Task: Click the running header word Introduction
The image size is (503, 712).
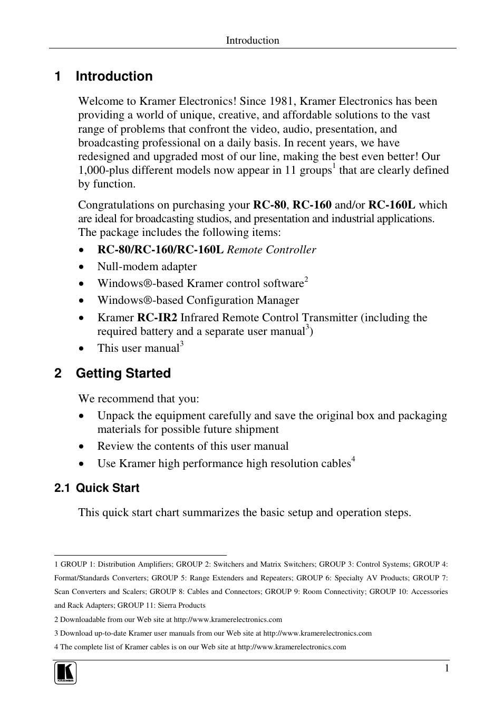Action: tap(253, 41)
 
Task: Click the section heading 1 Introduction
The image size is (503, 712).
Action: tap(103, 76)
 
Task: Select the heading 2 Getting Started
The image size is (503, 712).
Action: tap(112, 373)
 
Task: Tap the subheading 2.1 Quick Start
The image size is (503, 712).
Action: tap(96, 488)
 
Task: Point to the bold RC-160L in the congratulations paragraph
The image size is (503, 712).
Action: tap(392, 205)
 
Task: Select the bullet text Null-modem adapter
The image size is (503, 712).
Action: tap(147, 266)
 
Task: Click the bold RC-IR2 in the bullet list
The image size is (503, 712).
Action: tap(157, 318)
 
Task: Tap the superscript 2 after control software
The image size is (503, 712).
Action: tap(306, 280)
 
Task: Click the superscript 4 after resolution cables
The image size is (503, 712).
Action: tap(353, 460)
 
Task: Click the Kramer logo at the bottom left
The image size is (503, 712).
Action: tap(65, 673)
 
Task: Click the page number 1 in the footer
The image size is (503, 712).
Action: tap(447, 668)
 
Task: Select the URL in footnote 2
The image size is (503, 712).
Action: tap(228, 620)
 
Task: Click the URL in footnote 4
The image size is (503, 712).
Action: tap(292, 647)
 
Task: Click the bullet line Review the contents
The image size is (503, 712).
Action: tap(193, 446)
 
